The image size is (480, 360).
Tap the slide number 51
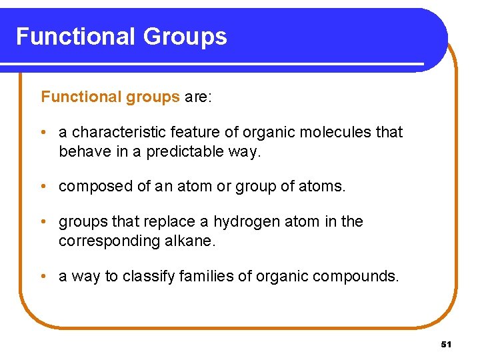[x=446, y=345]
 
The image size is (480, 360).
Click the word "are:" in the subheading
[x=198, y=97]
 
